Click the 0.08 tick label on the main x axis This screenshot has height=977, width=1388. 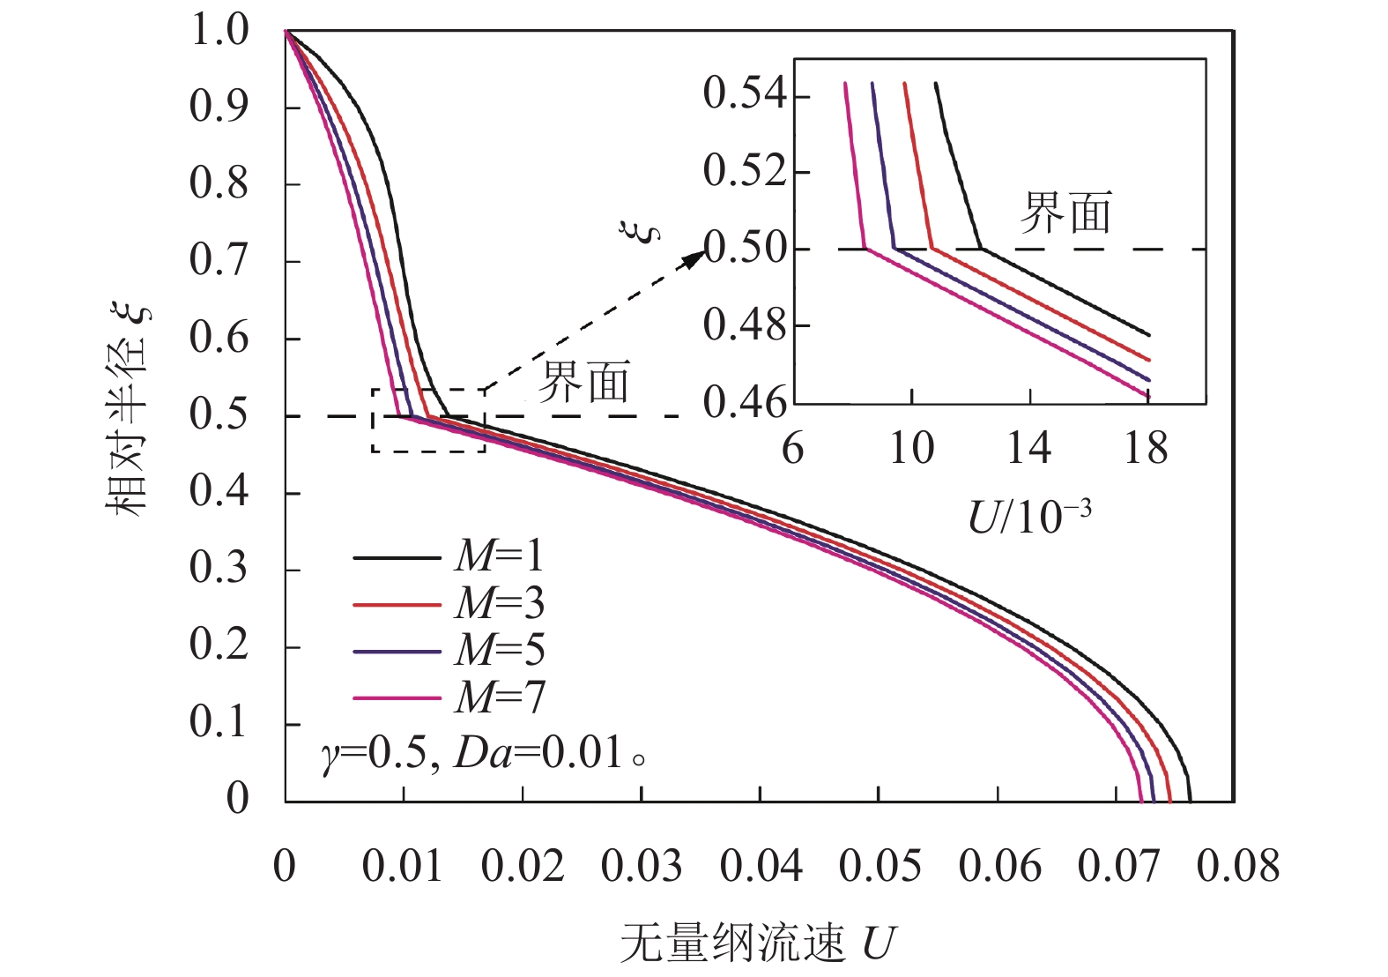pyautogui.click(x=1237, y=866)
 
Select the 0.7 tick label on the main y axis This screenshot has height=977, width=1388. pyautogui.click(x=219, y=260)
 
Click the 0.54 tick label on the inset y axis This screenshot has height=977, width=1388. pyautogui.click(x=745, y=93)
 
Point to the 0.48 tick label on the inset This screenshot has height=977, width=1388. pyautogui.click(x=745, y=325)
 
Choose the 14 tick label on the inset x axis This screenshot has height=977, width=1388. pyautogui.click(x=1028, y=449)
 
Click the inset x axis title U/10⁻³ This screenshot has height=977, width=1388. pyautogui.click(x=1029, y=517)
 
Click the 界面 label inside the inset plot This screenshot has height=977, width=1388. pyautogui.click(x=1065, y=213)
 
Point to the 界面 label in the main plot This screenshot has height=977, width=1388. pyautogui.click(x=584, y=383)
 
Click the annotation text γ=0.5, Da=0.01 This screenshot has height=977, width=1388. pyautogui.click(x=480, y=755)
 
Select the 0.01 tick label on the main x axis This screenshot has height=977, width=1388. pyautogui.click(x=403, y=866)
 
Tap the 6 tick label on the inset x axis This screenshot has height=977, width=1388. pyautogui.click(x=792, y=449)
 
